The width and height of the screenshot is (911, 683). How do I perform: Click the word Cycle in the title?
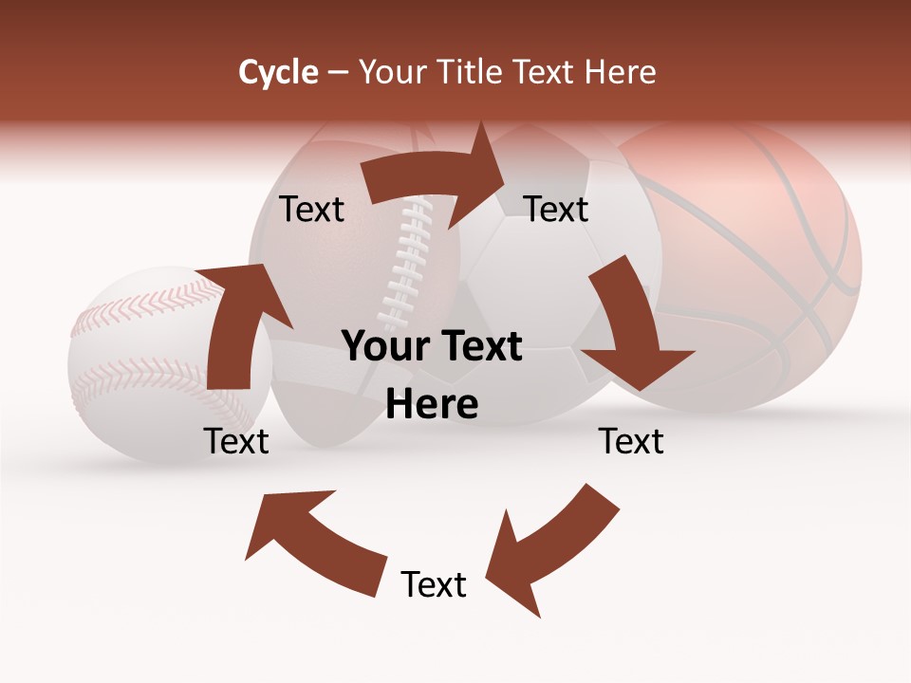278,72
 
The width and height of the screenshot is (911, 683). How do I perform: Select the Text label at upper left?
312,210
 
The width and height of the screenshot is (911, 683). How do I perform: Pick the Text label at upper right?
556,210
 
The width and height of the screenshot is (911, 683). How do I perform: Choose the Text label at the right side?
631,441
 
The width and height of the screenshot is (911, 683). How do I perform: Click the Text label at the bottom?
434,584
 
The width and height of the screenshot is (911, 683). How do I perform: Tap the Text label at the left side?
236,441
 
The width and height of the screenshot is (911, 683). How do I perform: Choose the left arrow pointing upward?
242,323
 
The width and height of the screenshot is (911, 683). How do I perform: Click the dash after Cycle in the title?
338,72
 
